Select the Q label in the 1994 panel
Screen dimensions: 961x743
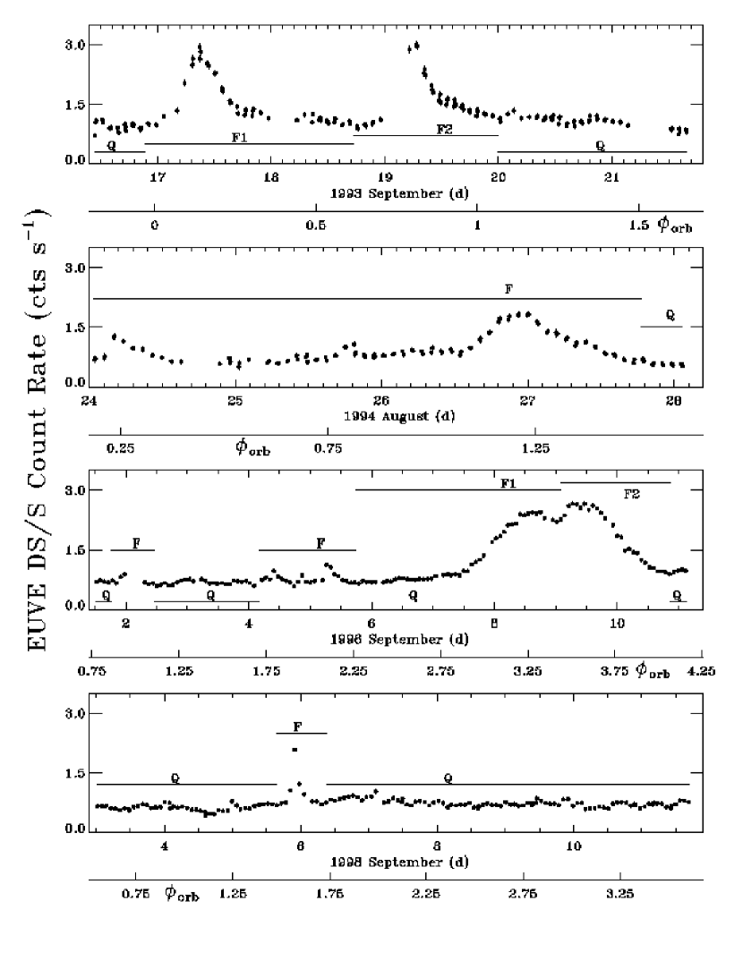click(x=670, y=316)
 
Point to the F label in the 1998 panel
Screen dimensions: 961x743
click(x=302, y=726)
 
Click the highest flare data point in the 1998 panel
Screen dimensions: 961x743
click(x=294, y=749)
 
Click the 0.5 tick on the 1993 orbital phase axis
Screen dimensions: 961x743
click(x=315, y=227)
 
